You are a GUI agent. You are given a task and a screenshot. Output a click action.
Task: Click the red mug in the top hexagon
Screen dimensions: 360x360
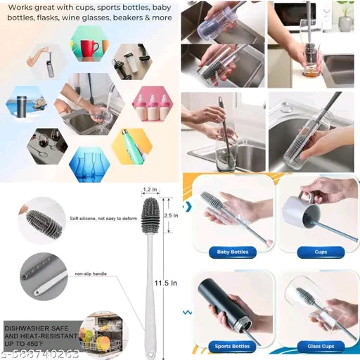(89, 49)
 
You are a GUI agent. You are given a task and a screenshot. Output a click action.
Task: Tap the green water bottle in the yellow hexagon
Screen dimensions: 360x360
(131, 146)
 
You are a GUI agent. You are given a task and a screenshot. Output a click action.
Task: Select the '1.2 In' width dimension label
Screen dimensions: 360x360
(149, 189)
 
